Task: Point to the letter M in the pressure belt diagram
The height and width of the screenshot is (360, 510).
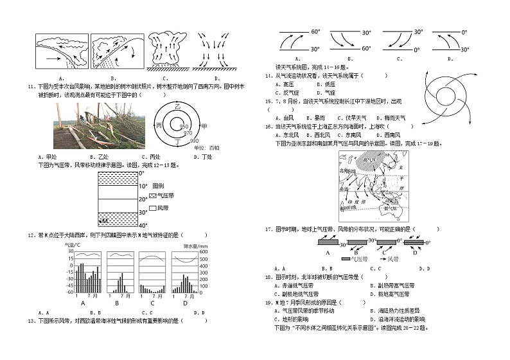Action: [x=103, y=221]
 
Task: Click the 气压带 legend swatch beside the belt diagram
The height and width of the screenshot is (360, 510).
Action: [x=152, y=195]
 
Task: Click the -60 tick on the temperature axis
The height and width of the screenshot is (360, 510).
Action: [x=68, y=291]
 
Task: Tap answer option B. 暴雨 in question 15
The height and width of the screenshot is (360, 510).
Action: [x=317, y=118]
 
